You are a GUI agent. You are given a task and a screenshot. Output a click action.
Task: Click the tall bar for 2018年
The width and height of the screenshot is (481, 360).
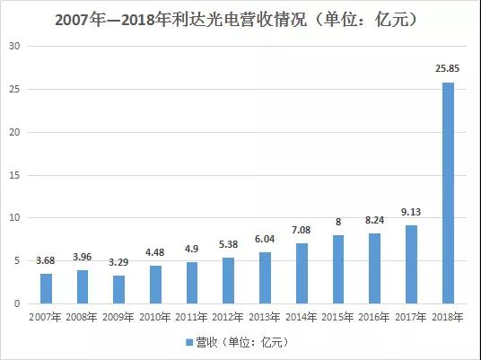pos(448,193)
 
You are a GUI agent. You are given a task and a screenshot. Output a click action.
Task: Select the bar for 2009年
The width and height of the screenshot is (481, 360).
pos(118,289)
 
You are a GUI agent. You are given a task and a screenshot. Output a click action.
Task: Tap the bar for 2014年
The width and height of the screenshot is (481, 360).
pos(302,273)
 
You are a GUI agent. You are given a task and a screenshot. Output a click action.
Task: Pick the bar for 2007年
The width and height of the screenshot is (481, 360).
pos(46,288)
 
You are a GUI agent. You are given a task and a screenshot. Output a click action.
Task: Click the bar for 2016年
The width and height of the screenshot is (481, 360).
pos(374,268)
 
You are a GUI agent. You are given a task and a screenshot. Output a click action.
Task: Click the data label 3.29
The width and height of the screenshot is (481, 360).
pos(118,265)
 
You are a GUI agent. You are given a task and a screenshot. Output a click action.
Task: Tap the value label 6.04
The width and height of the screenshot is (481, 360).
pos(265,241)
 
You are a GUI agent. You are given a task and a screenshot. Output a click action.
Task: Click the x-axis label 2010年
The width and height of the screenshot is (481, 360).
pos(155,317)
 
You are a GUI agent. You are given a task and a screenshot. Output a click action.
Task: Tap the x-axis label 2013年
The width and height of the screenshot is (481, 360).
pos(265,317)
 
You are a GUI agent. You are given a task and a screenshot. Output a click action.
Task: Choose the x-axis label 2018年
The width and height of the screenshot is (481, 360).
pos(448,317)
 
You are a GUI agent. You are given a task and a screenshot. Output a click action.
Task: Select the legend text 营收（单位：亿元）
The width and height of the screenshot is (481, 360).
pos(244,342)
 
